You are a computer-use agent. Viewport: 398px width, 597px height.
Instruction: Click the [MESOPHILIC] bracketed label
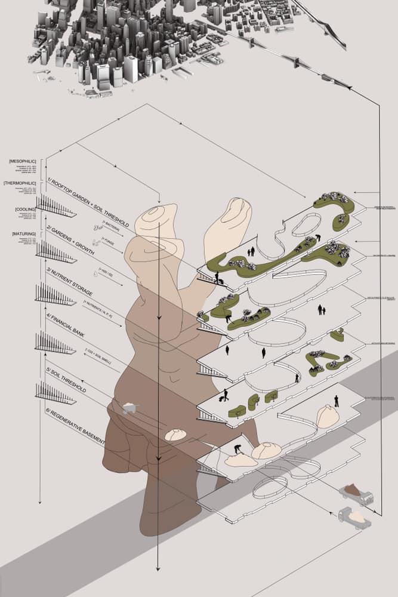[x=23, y=162]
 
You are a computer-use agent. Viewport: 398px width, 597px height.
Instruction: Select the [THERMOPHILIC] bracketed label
[x=20, y=183]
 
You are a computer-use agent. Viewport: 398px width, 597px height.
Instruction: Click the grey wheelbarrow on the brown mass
[x=129, y=408]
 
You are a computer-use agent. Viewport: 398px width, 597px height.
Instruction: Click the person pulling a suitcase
[x=226, y=395]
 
